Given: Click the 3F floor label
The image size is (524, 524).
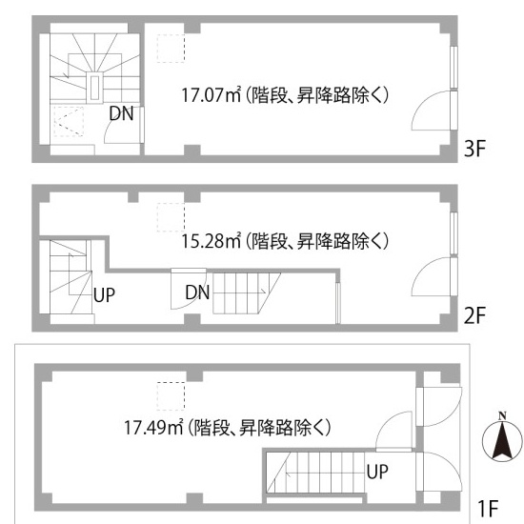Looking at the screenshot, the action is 474,149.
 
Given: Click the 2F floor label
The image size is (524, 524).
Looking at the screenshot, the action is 474,315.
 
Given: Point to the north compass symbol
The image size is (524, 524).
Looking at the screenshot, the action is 502,438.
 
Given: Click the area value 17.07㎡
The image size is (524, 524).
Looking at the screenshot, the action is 212,95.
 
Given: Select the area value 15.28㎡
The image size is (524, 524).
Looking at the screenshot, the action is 212,241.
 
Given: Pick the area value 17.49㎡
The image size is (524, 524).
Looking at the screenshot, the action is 153,427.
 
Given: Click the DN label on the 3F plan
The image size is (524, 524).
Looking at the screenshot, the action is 121,113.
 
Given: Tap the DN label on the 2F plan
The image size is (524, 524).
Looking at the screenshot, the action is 197,292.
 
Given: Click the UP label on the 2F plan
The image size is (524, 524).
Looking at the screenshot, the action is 104,295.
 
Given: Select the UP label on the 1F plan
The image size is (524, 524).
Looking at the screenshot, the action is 377,472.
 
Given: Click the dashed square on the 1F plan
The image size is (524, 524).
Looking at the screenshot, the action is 171,396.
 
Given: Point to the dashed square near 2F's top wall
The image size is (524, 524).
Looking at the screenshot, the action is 171,217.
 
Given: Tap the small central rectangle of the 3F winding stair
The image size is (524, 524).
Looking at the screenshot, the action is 94,88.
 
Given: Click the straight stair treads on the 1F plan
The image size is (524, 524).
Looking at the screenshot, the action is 315,473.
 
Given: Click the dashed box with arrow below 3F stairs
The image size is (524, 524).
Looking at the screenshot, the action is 69,122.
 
